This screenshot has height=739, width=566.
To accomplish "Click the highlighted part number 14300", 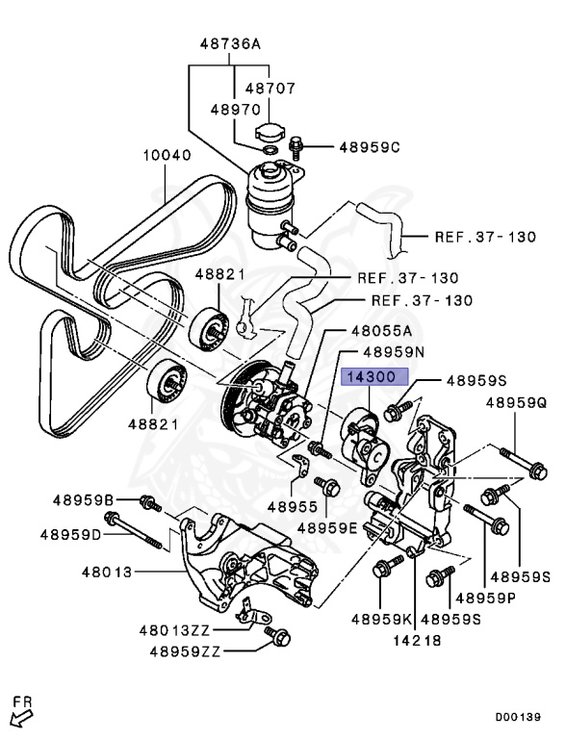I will [373, 378].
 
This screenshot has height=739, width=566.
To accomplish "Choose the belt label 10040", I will [167, 154].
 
